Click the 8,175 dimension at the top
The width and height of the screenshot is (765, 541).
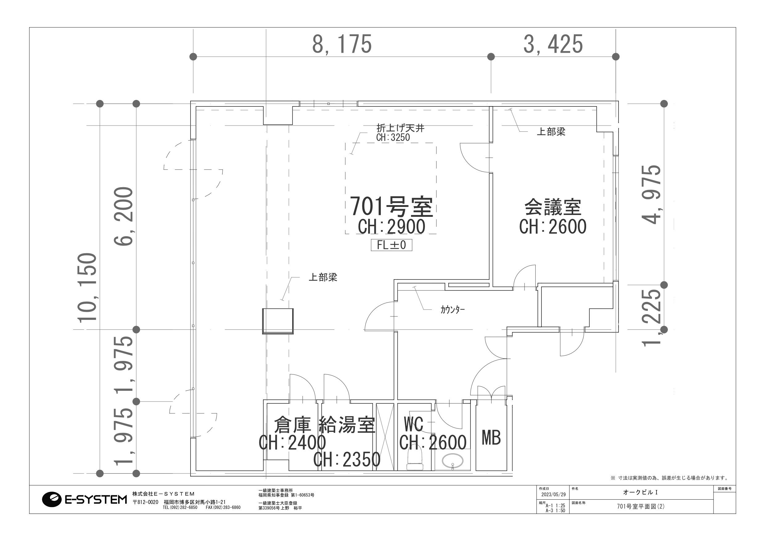[342, 44]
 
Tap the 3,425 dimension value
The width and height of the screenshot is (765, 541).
[553, 44]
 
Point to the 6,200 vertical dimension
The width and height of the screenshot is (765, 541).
[124, 216]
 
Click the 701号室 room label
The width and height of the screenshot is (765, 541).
[391, 207]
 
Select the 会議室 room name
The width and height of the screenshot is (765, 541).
[553, 207]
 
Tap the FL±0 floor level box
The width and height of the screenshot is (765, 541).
[392, 245]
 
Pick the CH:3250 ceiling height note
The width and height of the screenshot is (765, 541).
[393, 137]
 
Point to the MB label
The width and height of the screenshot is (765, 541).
[491, 438]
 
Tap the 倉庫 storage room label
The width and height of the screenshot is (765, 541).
[292, 425]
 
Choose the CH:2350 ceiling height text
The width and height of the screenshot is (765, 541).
[347, 459]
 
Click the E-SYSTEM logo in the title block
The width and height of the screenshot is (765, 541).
[84, 499]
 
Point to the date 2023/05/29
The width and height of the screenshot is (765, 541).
[553, 495]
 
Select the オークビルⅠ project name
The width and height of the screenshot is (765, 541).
[640, 492]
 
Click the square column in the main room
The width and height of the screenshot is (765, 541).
[278, 321]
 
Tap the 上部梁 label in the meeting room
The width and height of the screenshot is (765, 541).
[551, 132]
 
